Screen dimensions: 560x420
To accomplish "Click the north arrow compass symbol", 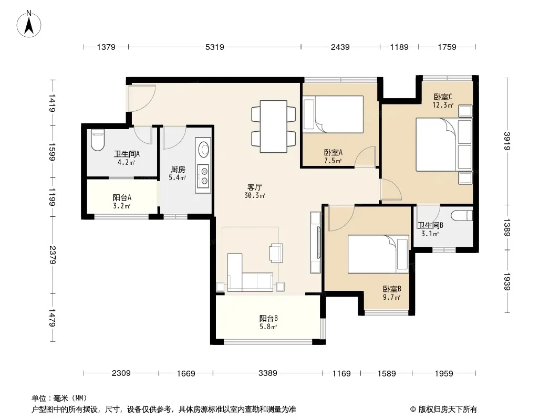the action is (29, 24).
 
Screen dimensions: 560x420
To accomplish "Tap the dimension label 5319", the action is (215, 47).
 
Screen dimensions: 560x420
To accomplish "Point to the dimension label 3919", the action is (507, 141).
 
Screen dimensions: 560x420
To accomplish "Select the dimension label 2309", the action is (121, 373).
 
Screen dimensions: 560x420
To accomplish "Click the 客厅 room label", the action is (255, 187).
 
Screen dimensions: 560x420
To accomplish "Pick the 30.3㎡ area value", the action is (255, 195).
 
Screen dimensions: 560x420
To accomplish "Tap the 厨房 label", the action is (178, 169).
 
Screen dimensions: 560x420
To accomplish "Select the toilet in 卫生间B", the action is (462, 216).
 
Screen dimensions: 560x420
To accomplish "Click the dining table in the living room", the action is (274, 127).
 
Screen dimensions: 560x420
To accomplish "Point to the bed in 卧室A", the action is (333, 114).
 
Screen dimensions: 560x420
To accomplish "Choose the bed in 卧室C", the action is (443, 144).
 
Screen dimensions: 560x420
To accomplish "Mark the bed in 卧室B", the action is (378, 254).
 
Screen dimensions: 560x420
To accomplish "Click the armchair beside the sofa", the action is (276, 253).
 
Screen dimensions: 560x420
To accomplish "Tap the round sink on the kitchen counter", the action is (204, 149).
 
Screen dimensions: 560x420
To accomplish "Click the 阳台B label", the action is (268, 318).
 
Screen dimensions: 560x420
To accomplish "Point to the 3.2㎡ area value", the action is (121, 206).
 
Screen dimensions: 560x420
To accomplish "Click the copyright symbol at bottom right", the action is (413, 409).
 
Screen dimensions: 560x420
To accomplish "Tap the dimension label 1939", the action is (507, 281).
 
